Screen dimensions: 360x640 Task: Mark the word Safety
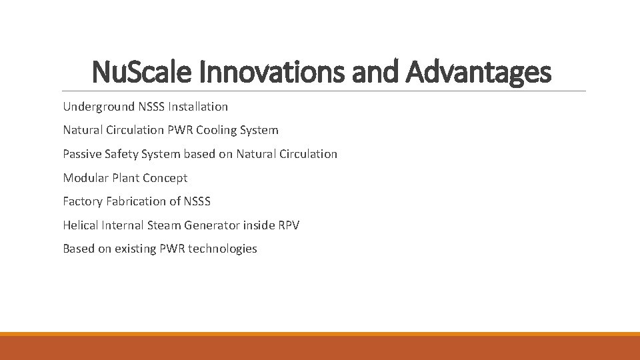click(x=127, y=154)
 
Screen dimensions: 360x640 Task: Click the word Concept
click(x=165, y=178)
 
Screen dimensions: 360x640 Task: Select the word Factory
click(x=83, y=201)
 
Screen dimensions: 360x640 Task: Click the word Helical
click(x=81, y=225)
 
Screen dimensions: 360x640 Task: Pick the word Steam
click(x=163, y=225)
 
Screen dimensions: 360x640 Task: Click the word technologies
click(x=222, y=249)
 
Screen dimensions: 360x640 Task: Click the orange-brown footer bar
click(x=320, y=347)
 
